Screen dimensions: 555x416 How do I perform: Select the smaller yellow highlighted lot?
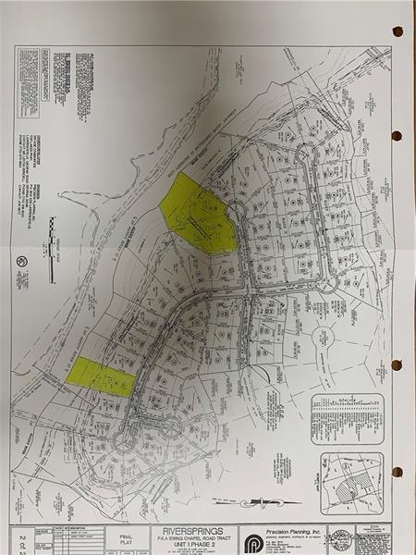(100, 376)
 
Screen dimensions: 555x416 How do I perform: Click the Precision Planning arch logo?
(253, 538)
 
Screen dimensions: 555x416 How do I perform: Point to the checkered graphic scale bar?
(53, 235)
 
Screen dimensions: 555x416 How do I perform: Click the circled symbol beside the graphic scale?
(22, 262)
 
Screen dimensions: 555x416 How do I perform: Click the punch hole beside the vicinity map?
(398, 472)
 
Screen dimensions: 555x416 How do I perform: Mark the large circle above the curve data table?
(326, 339)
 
